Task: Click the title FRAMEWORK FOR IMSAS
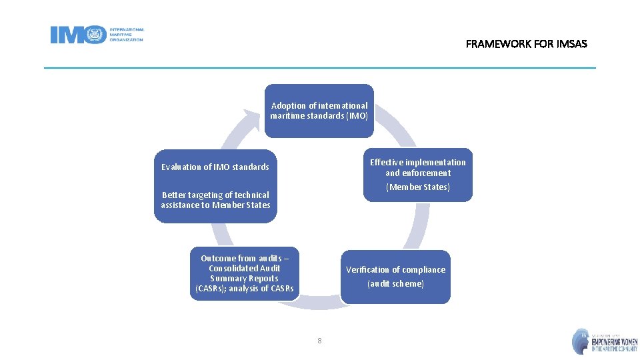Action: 526,44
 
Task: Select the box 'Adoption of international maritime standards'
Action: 319,111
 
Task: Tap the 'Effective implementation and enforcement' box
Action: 418,174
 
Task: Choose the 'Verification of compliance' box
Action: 395,277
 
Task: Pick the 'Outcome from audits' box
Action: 245,273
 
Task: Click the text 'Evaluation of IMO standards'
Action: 215,167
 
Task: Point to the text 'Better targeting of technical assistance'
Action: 215,200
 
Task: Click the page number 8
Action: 319,341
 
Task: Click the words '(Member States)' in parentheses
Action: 418,187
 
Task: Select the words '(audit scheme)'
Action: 395,284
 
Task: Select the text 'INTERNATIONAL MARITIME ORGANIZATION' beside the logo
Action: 126,35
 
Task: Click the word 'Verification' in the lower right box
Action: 367,269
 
